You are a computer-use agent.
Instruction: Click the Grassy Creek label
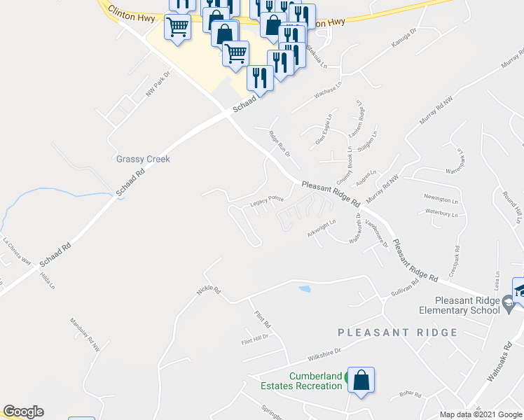click(143, 159)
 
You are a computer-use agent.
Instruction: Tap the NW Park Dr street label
click(158, 84)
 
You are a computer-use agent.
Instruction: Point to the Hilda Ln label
click(48, 279)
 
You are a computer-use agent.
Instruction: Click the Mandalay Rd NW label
click(86, 335)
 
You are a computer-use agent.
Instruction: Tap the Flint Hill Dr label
click(255, 341)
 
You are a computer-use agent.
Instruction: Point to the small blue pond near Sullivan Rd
click(304, 288)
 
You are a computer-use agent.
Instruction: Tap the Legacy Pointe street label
click(267, 201)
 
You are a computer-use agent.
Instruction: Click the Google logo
click(23, 412)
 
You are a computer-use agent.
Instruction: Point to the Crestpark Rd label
click(456, 259)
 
